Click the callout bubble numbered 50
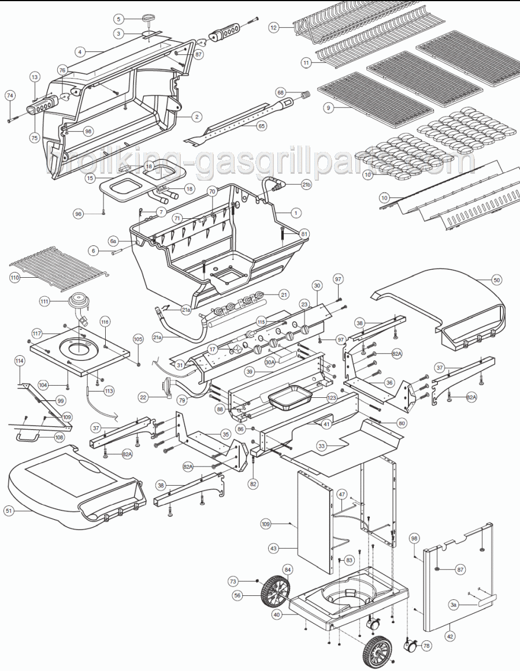497,279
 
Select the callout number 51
8,510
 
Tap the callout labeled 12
274,27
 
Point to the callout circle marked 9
328,108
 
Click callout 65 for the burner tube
262,126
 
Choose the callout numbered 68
281,92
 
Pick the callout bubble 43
273,547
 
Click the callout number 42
450,636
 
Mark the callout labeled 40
277,615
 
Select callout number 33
322,445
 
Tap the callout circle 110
14,278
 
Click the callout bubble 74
10,95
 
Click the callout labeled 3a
454,605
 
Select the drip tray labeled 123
289,398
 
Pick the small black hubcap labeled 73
257,580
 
